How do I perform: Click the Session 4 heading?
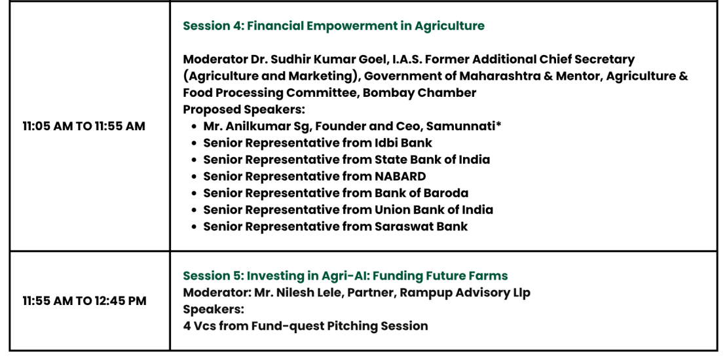click(333, 26)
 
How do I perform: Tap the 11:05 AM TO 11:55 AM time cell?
click(84, 126)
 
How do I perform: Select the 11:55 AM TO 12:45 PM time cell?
click(84, 301)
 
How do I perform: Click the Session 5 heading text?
click(345, 276)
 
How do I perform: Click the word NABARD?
click(400, 176)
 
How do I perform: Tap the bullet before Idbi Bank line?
click(195, 143)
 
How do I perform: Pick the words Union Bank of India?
click(434, 209)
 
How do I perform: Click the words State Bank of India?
click(432, 160)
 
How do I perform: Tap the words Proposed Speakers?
click(244, 110)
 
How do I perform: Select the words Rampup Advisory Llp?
click(465, 293)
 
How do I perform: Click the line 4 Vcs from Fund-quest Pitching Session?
click(306, 326)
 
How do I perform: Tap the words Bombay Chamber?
click(419, 93)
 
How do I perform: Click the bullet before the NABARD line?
click(195, 177)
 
